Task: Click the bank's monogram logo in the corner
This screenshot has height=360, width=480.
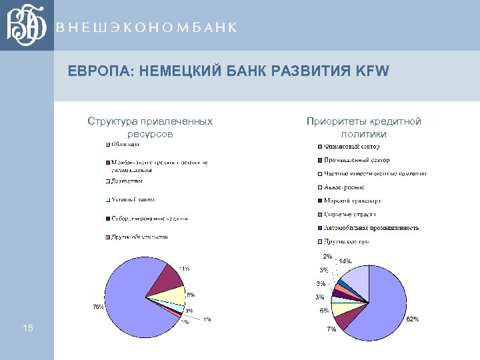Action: point(27,25)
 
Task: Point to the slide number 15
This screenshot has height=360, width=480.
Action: point(27,327)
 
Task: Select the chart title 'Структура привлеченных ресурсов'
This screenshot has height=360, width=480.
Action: point(150,127)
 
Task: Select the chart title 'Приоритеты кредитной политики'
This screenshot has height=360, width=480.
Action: point(364,127)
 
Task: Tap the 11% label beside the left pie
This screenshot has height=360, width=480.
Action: point(183,269)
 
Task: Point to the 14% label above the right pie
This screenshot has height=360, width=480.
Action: point(345,261)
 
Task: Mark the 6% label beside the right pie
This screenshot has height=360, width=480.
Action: point(323,311)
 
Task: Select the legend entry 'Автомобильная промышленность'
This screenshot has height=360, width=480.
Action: point(371,228)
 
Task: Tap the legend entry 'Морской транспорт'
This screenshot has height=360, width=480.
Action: point(353,201)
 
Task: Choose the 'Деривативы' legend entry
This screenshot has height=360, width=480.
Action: point(127,181)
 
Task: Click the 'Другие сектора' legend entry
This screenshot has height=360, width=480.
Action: point(347,241)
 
